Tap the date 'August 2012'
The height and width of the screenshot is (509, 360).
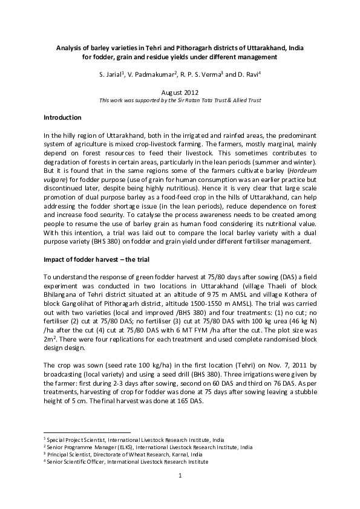pos(180,91)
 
